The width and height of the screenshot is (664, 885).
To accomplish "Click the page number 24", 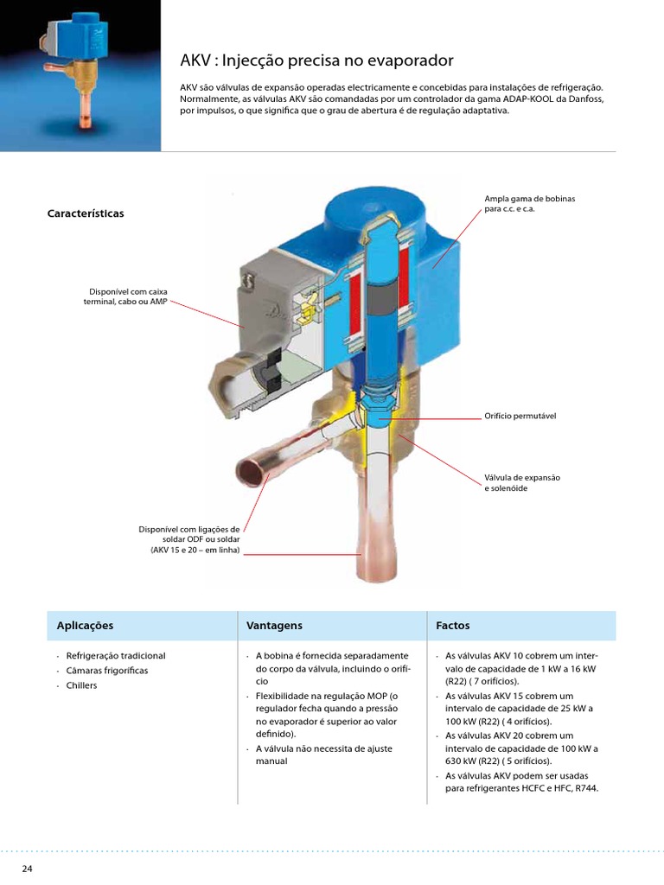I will [x=27, y=868].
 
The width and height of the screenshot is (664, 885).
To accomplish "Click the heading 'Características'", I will [x=86, y=213].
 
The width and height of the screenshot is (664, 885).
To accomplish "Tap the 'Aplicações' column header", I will [x=85, y=625].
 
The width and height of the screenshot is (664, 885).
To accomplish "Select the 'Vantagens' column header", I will [x=274, y=625].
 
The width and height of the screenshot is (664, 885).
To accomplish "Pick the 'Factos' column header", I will [x=452, y=625].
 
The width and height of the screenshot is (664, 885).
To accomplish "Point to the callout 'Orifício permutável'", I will [x=520, y=416].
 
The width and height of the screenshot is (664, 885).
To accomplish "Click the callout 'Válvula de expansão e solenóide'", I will [x=522, y=483].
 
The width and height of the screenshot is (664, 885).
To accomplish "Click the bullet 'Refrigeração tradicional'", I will [x=116, y=656].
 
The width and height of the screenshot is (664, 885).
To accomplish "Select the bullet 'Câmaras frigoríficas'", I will [x=107, y=671].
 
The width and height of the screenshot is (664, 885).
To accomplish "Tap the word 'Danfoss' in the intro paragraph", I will [x=586, y=99].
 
